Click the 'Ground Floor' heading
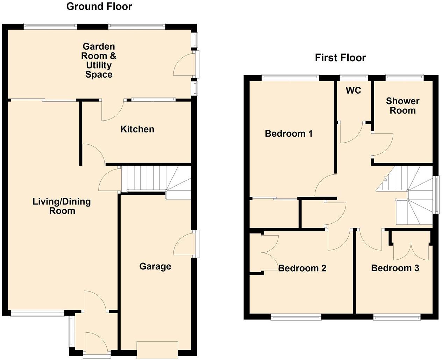click(99, 6)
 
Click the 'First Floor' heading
click(340, 58)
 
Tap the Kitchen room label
click(137, 129)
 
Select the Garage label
click(155, 266)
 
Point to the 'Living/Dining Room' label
click(62, 206)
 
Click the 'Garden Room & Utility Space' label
click(99, 60)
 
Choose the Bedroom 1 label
click(288, 134)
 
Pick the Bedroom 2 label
click(302, 268)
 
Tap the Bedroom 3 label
click(395, 268)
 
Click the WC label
click(353, 91)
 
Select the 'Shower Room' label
click(402, 106)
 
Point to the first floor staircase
click(409, 196)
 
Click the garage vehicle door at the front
click(157, 350)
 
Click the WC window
click(354, 77)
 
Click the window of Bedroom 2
click(296, 317)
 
